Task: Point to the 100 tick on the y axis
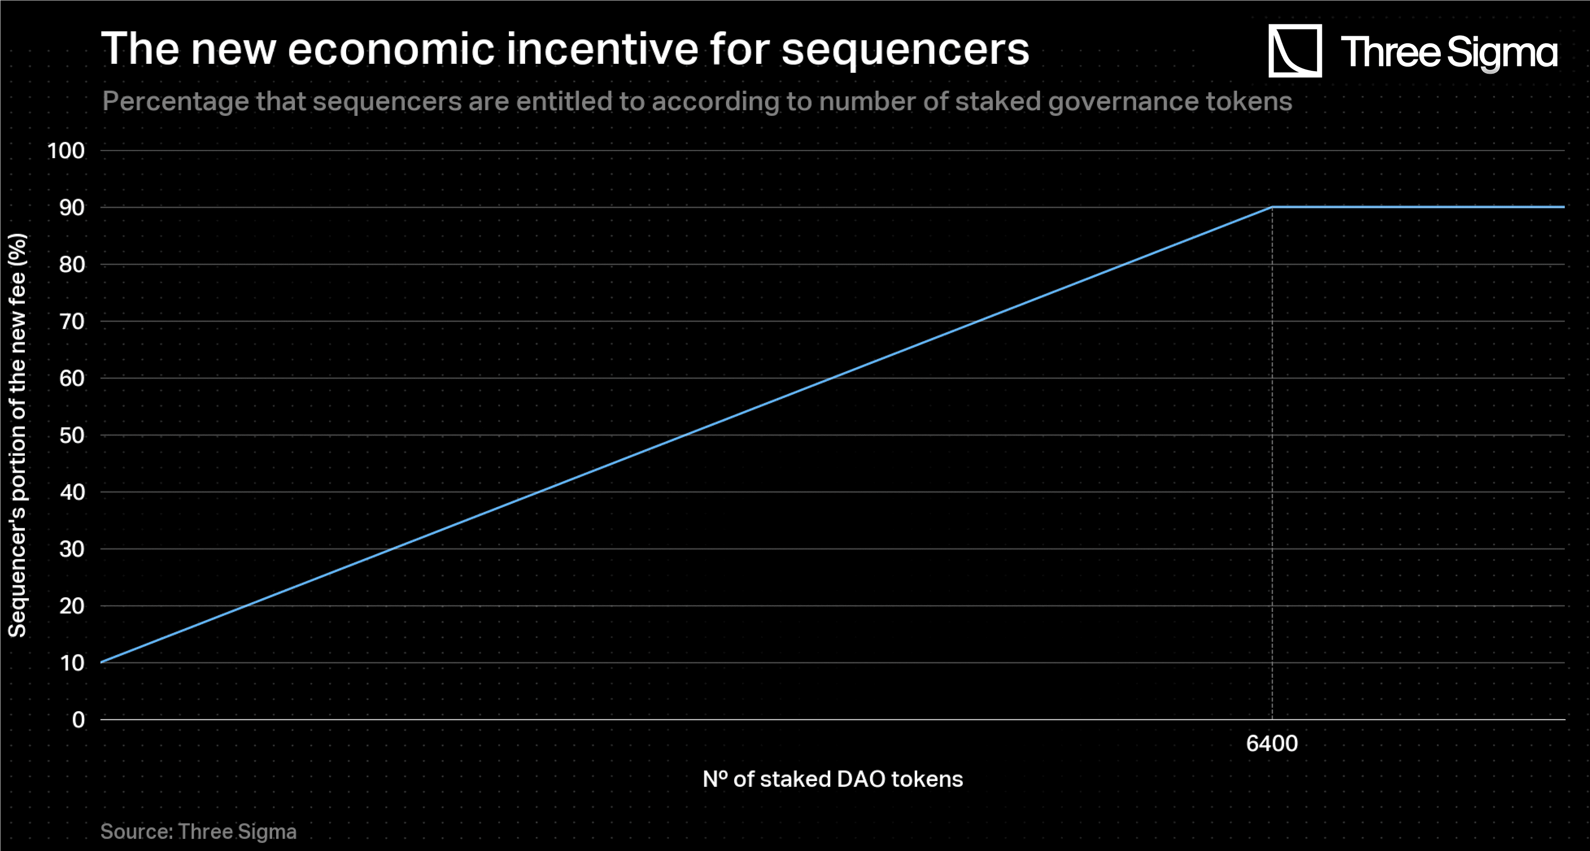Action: pyautogui.click(x=66, y=151)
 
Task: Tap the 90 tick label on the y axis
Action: pyautogui.click(x=72, y=207)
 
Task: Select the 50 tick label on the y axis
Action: pyautogui.click(x=72, y=435)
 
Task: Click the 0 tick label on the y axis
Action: pyautogui.click(x=78, y=719)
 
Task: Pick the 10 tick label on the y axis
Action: pyautogui.click(x=72, y=663)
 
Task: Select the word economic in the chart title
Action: pyautogui.click(x=391, y=49)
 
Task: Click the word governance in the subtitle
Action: pyautogui.click(x=1123, y=102)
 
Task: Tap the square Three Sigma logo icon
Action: pyautogui.click(x=1294, y=50)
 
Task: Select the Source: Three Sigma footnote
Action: pyautogui.click(x=198, y=831)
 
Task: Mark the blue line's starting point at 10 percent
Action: pyautogui.click(x=102, y=662)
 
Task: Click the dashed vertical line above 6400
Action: pyautogui.click(x=1272, y=463)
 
